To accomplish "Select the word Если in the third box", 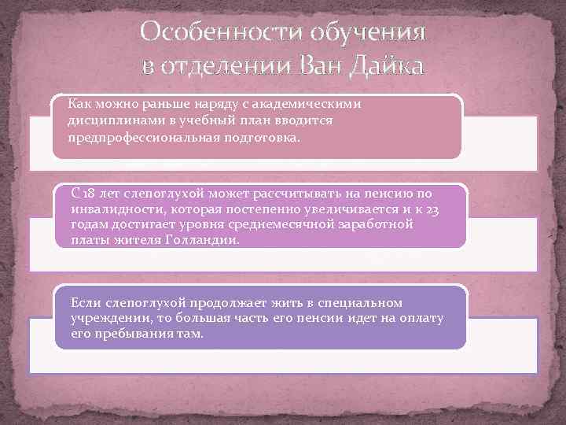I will click(84, 303).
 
